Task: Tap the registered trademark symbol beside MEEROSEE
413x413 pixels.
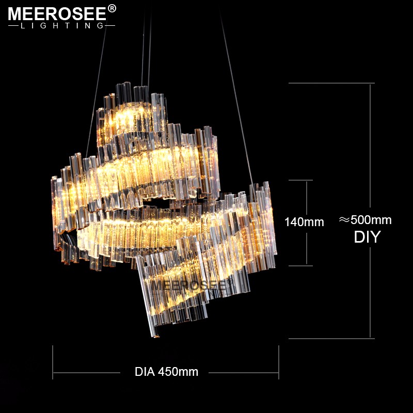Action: (x=112, y=8)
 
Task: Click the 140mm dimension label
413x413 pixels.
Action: (x=305, y=222)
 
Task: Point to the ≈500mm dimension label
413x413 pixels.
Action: (x=365, y=220)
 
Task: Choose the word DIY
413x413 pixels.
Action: (x=367, y=237)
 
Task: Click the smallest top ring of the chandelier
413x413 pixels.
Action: (x=132, y=116)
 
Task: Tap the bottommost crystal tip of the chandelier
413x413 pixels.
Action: (x=153, y=336)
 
